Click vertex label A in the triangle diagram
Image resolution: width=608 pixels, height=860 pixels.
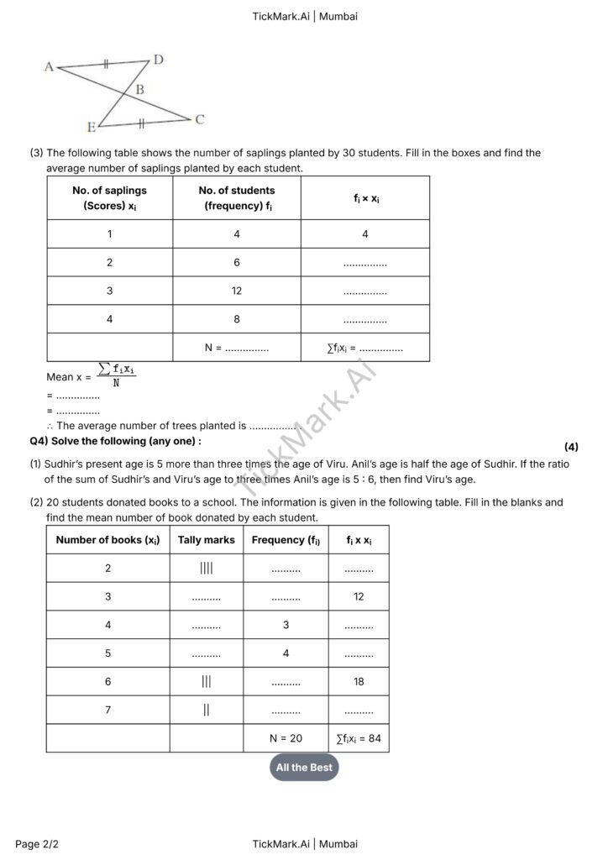[x=49, y=66]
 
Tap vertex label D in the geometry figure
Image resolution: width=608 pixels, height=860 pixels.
[x=158, y=59]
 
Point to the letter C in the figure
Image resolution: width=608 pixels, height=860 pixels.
[x=200, y=119]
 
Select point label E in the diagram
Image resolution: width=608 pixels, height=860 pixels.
[x=91, y=128]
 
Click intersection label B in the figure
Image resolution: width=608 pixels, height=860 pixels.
[x=139, y=89]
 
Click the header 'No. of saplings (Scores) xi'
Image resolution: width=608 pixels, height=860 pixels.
[x=109, y=198]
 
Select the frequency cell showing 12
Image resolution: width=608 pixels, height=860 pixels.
[x=237, y=291]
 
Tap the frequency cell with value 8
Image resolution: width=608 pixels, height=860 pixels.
[x=237, y=319]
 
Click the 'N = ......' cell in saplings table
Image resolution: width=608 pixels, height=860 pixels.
[x=237, y=348]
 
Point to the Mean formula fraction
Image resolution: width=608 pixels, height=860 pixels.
[x=116, y=375]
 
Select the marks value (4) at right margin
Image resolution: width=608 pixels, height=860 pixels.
[x=571, y=447]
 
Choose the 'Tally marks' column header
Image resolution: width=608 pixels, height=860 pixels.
[x=207, y=540]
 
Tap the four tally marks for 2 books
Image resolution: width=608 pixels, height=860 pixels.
[x=207, y=569]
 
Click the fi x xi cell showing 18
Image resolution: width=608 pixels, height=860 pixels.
[x=359, y=682]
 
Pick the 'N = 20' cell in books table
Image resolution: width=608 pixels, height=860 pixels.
[x=286, y=738]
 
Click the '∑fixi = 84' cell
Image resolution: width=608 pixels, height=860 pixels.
[x=359, y=738]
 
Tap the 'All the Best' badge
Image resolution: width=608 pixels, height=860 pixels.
[x=304, y=768]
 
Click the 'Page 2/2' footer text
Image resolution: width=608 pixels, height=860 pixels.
[x=38, y=844]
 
